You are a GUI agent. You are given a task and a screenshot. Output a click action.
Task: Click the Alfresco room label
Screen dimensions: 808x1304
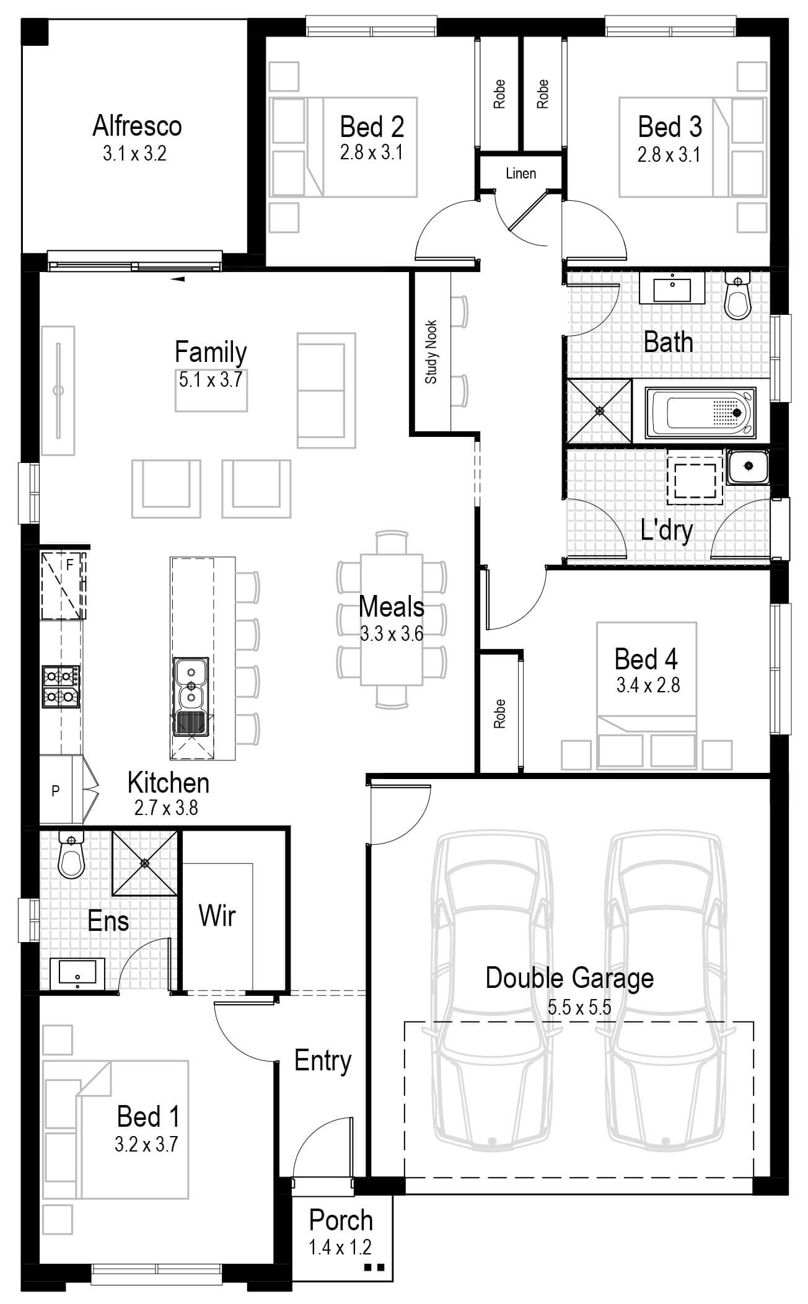[x=137, y=126]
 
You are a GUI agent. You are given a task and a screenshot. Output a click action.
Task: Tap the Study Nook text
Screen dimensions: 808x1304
[x=431, y=351]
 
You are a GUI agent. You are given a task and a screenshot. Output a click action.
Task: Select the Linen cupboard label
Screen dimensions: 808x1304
[x=520, y=174]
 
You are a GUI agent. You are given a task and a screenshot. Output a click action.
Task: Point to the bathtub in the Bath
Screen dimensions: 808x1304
[x=700, y=412]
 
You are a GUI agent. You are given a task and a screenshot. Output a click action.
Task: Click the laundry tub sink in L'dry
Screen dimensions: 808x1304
[x=749, y=467]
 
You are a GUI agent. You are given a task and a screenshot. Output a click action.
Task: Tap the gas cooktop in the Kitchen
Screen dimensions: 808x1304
[x=61, y=686]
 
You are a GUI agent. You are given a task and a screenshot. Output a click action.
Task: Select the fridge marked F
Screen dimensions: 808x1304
[x=63, y=585]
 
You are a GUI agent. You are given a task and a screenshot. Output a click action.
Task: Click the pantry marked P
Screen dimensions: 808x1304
[x=56, y=790]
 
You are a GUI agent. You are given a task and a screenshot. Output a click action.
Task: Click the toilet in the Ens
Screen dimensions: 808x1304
[x=71, y=854]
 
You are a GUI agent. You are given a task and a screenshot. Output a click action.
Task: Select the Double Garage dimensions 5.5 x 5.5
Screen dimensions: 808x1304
[x=579, y=1007]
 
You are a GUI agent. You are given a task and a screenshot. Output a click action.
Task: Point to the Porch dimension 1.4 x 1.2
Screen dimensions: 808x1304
[x=340, y=1246]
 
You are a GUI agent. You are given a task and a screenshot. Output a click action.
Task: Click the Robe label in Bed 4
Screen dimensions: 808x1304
[x=499, y=713]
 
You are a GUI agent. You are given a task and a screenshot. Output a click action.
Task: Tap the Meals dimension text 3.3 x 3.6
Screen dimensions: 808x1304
[x=392, y=633]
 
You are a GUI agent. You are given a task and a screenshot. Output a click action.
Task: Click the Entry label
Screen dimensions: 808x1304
[x=323, y=1060]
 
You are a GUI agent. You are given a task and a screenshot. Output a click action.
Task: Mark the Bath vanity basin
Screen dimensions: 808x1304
[x=672, y=290]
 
